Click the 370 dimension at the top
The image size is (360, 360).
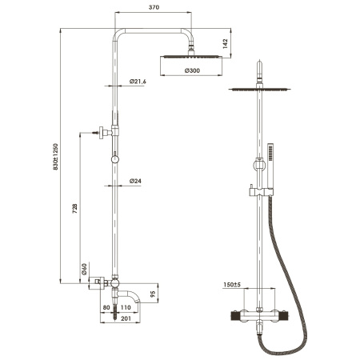[155, 8]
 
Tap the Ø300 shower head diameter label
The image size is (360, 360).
[192, 72]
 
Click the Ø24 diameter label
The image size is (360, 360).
[135, 182]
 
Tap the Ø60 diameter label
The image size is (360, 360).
[84, 270]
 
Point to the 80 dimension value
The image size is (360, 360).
[106, 306]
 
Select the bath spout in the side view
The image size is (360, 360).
[148, 298]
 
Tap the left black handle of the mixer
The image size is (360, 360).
[234, 317]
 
